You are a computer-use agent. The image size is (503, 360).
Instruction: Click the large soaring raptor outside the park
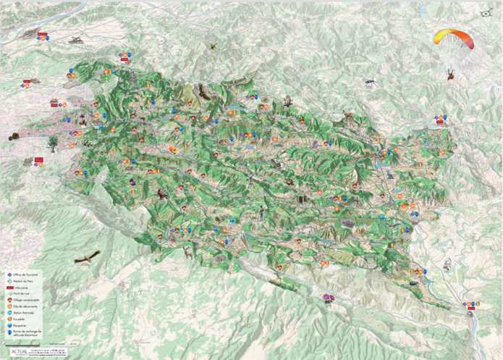(86, 256)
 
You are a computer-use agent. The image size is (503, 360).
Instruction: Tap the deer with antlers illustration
(188, 251)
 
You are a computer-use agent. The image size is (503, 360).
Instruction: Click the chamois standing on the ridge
(349, 114)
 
